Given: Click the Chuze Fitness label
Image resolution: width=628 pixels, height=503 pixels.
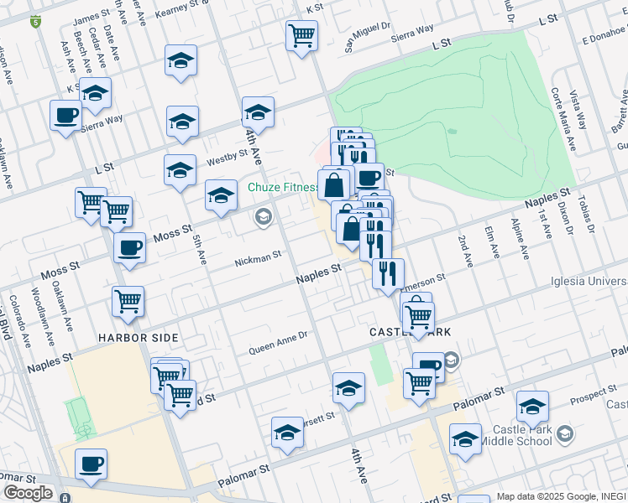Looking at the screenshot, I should tap(283, 187).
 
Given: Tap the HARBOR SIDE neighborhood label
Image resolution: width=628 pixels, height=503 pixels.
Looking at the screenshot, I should tap(139, 338).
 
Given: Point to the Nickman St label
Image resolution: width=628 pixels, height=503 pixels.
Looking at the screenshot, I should tap(258, 259).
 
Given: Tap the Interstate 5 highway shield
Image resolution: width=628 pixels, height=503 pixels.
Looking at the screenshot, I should tap(35, 22).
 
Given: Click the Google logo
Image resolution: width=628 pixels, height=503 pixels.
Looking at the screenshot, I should tap(27, 493).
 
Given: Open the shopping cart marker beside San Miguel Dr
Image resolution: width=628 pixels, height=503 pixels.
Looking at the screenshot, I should tap(301, 35).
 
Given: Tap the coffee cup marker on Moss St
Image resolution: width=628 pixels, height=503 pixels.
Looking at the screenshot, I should tap(129, 247).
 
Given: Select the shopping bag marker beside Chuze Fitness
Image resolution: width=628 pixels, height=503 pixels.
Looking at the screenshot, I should tap(333, 184).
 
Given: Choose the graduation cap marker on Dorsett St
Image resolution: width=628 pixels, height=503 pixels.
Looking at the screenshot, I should tap(287, 433).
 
